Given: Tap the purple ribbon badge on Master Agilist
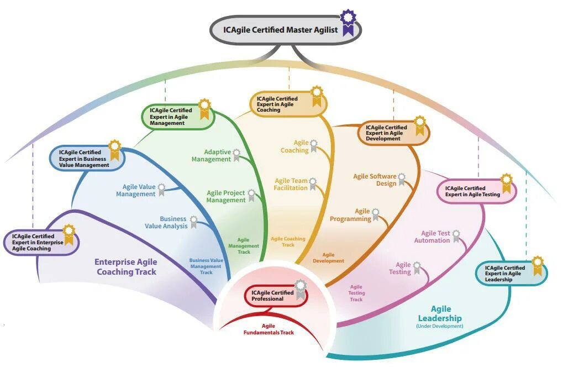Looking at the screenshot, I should click(348, 23).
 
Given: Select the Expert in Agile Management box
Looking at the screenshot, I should click(172, 117).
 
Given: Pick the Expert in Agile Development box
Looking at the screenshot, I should click(388, 133).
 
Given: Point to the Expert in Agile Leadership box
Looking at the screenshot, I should click(505, 274).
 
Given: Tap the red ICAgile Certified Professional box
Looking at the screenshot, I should click(272, 296).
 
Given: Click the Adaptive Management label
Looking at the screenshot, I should click(211, 156).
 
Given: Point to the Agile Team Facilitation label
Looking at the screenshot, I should click(291, 185).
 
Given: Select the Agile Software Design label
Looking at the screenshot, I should click(375, 180).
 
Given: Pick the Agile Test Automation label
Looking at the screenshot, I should click(432, 237).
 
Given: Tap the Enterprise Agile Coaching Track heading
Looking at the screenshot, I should click(126, 267).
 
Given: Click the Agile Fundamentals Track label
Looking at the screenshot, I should click(269, 329).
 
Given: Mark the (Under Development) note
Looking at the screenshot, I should click(440, 327).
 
